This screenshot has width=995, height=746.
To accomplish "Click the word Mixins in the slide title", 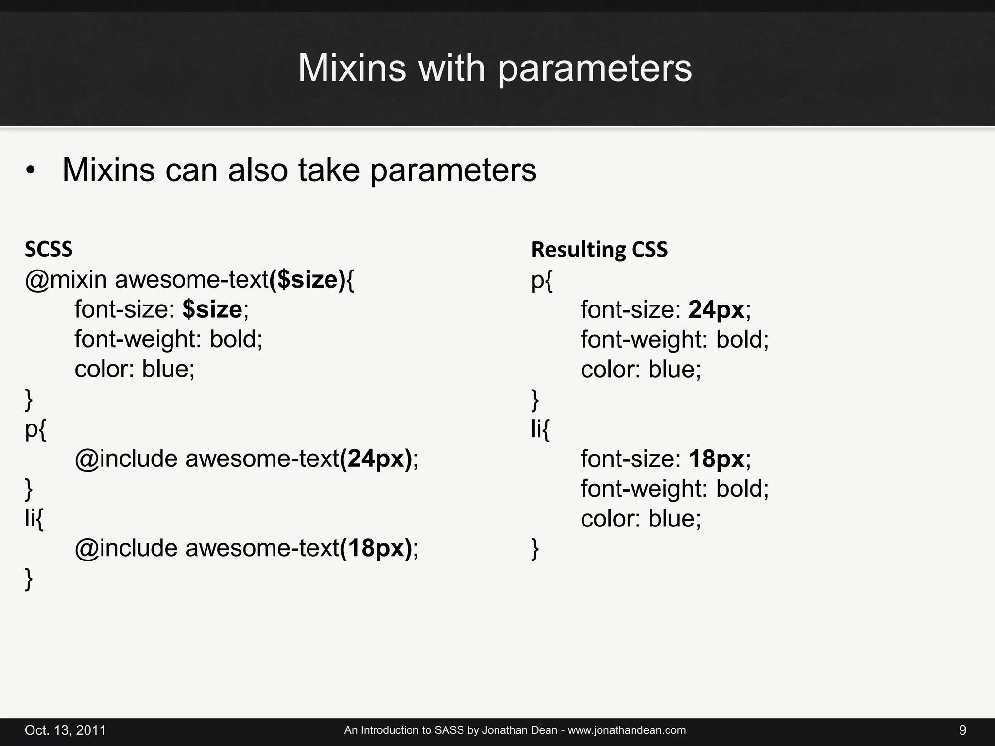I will (x=351, y=68).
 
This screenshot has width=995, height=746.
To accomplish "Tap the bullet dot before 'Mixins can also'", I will (x=31, y=171).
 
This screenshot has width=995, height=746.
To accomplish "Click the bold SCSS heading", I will (x=49, y=250).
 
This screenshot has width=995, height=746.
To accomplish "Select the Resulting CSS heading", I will (x=599, y=250).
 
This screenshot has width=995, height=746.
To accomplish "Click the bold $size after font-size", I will (x=212, y=309).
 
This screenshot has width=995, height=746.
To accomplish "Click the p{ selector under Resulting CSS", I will (x=542, y=281).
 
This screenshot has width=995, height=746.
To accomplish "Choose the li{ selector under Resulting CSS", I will (x=540, y=429).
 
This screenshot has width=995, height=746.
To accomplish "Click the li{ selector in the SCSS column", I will (x=34, y=519).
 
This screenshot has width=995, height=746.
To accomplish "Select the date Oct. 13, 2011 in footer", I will (x=65, y=730).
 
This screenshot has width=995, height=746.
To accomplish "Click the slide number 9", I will (x=962, y=730).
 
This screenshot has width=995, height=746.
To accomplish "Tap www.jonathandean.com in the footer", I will (x=627, y=730).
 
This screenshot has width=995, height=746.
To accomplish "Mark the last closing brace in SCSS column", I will (x=29, y=578).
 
